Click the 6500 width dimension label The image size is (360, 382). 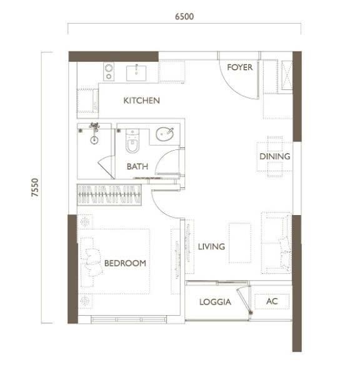click(184, 16)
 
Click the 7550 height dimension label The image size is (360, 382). click(35, 188)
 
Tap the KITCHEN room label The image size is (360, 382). click(141, 101)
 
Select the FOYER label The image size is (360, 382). click(239, 68)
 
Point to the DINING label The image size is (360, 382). click(275, 156)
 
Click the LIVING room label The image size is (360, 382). click(211, 246)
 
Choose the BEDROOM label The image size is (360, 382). click(125, 263)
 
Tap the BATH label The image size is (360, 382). click(137, 166)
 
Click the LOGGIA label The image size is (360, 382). click(215, 302)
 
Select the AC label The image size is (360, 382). click(272, 301)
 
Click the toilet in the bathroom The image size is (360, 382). click(132, 141)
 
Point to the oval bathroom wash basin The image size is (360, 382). click(164, 134)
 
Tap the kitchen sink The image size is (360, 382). click(136, 73)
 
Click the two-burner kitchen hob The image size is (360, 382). click(109, 71)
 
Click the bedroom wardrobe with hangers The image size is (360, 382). click(109, 194)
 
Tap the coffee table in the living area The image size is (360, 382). click(240, 243)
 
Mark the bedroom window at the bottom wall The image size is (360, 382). click(129, 319)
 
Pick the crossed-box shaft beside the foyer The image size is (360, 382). click(287, 75)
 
